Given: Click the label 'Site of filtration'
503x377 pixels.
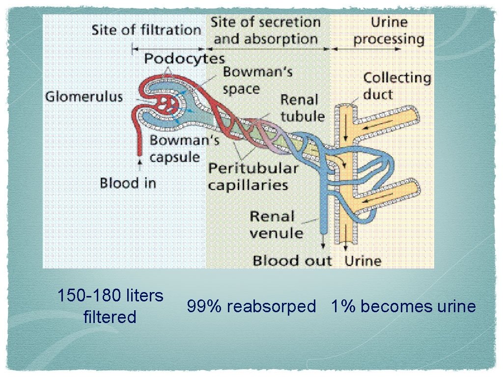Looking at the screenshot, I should (x=146, y=30).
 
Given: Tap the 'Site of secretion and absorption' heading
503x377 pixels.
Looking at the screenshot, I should (x=266, y=30).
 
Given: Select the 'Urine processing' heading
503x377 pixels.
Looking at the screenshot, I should (x=389, y=30).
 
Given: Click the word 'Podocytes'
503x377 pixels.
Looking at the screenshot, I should (x=184, y=59).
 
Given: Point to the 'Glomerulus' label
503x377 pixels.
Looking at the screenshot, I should (x=84, y=96).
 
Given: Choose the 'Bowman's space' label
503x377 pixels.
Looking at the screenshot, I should (x=257, y=80).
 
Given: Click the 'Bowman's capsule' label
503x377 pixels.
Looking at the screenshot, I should (x=184, y=149).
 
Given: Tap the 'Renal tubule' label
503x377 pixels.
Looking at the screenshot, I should (x=303, y=108).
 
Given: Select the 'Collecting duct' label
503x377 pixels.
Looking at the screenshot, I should (x=396, y=85).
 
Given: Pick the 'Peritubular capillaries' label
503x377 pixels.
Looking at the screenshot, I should (x=253, y=177).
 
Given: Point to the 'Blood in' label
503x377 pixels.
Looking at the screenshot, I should (x=128, y=184).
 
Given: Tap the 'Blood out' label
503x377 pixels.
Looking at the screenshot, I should (x=292, y=261).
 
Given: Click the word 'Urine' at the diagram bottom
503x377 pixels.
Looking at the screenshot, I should (x=363, y=261).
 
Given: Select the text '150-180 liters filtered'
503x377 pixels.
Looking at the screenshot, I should (x=110, y=306).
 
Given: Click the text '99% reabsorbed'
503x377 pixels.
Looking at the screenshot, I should (x=251, y=307).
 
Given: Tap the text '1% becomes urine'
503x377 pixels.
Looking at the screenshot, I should (x=403, y=307).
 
